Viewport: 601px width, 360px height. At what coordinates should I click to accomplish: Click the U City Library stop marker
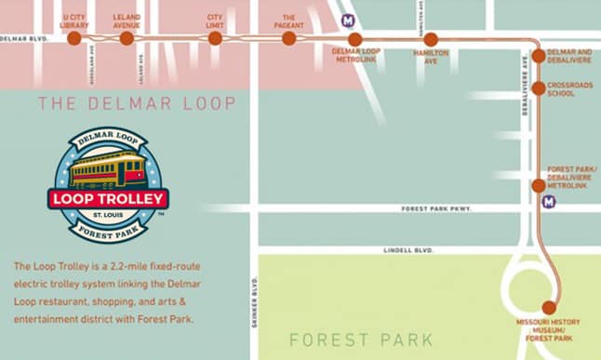click(74, 38)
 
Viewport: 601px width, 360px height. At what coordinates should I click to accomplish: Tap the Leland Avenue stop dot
click(127, 38)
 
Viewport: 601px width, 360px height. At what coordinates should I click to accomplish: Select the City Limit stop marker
click(215, 38)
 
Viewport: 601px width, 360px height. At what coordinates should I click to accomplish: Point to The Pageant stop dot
click(288, 38)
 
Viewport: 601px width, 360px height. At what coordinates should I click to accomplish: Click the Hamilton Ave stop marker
click(431, 39)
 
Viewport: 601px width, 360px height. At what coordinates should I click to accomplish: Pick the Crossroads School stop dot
click(538, 87)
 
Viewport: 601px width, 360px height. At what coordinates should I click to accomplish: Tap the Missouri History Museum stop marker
click(548, 307)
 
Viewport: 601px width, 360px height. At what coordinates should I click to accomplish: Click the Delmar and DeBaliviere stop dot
click(538, 59)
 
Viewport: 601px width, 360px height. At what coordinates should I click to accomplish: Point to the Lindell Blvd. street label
click(408, 250)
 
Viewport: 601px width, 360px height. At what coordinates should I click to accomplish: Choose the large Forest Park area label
click(347, 340)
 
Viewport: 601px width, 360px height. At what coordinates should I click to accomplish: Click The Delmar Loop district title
click(137, 102)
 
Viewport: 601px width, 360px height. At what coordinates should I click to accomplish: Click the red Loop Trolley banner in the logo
click(108, 198)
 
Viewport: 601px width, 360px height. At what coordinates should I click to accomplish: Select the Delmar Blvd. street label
click(22, 39)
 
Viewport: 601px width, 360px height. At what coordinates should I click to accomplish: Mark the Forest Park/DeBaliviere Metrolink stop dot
click(538, 185)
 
